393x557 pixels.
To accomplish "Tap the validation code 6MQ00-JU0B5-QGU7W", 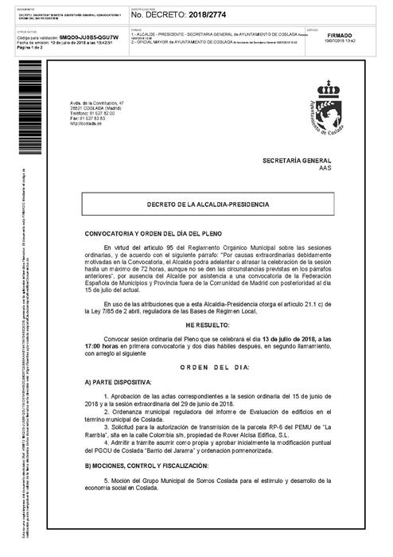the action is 90,37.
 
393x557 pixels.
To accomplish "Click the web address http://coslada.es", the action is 85,123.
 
